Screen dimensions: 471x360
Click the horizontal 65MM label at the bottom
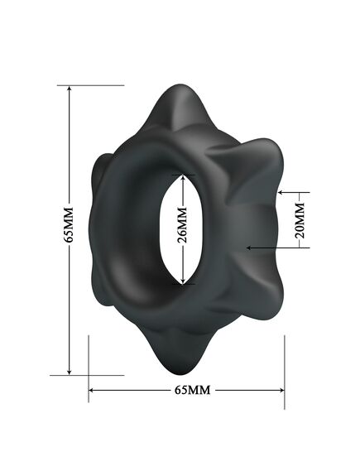click(189, 390)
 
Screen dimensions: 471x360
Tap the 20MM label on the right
click(300, 219)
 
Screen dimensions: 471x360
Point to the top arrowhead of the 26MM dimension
click(183, 176)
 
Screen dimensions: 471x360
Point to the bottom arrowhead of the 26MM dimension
click(183, 281)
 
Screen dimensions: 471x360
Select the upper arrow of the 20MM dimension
click(281, 193)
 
